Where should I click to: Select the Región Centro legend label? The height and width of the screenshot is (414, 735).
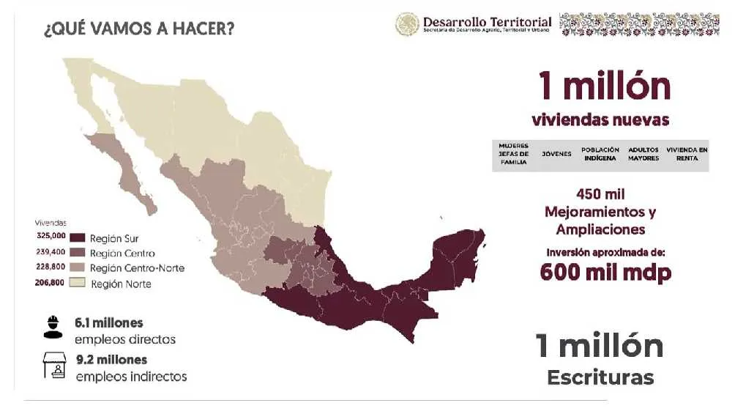[122, 253]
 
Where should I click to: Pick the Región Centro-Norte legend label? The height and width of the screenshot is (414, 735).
[137, 268]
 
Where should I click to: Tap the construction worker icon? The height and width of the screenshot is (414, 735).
[53, 327]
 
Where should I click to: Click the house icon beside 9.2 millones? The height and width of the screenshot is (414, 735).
[54, 366]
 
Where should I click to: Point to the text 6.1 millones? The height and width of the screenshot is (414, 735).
[109, 322]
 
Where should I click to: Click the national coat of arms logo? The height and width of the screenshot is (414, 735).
[408, 24]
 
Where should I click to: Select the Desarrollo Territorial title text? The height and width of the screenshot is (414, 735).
[487, 22]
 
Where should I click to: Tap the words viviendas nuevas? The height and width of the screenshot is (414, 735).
[600, 119]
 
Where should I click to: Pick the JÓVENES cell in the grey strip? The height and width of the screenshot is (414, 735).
[556, 155]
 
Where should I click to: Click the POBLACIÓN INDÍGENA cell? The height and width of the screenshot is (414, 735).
[600, 155]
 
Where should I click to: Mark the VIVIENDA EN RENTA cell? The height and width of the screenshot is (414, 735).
[687, 155]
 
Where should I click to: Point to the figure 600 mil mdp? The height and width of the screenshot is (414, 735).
[606, 272]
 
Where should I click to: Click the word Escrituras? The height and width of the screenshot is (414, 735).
[600, 377]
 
